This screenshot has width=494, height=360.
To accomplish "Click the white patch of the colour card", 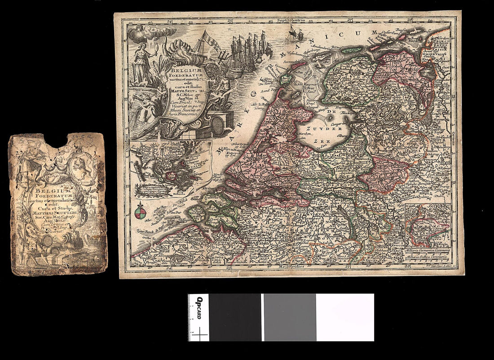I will [x=344, y=317].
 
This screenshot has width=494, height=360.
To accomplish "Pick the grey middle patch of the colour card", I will [x=289, y=317].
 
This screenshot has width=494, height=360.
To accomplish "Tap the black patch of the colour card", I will [x=235, y=317].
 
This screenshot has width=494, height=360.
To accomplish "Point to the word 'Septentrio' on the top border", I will [x=291, y=20].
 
